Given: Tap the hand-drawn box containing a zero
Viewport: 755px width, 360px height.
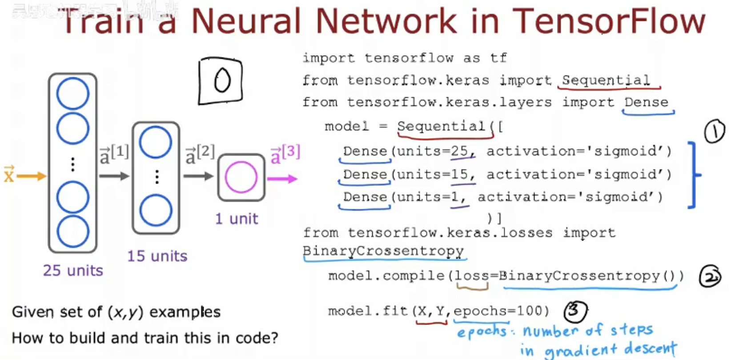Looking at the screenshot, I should pyautogui.click(x=221, y=81).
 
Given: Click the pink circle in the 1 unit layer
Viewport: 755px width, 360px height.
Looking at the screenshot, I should pyautogui.click(x=241, y=177).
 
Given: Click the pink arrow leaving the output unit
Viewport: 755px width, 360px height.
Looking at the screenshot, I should pyautogui.click(x=282, y=179).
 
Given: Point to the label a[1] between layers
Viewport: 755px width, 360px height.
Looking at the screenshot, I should pyautogui.click(x=114, y=154).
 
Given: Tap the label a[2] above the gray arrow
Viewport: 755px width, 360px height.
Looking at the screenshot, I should pyautogui.click(x=200, y=154).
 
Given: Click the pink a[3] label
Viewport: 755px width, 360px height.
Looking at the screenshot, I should pyautogui.click(x=285, y=154).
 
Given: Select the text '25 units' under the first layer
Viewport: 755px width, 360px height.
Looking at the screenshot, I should pyautogui.click(x=73, y=270).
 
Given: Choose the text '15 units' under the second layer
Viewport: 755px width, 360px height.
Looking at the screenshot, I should pyautogui.click(x=157, y=256).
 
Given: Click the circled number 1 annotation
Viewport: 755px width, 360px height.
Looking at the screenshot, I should pyautogui.click(x=714, y=132).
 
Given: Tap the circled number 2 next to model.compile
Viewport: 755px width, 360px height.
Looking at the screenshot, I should pyautogui.click(x=710, y=277).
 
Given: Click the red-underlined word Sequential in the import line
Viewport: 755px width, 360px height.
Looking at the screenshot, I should pyautogui.click(x=606, y=80).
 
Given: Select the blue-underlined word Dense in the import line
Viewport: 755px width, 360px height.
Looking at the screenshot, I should pyautogui.click(x=646, y=102).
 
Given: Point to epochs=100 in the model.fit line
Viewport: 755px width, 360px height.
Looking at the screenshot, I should pyautogui.click(x=501, y=311).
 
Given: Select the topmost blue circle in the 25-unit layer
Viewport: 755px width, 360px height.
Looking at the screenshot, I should pyautogui.click(x=72, y=93).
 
